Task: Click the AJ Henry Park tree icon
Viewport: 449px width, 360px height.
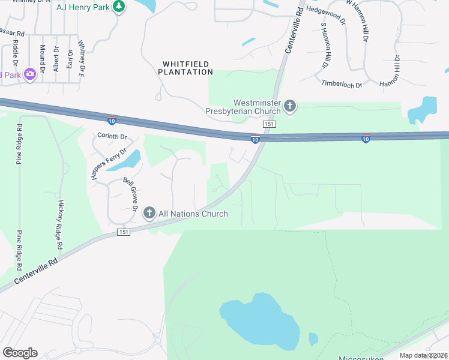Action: click(119, 6)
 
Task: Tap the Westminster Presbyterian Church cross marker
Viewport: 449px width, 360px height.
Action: click(290, 107)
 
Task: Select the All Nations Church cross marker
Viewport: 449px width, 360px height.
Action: click(149, 214)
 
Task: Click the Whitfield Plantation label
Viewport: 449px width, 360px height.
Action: click(185, 67)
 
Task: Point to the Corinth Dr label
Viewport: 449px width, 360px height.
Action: click(112, 136)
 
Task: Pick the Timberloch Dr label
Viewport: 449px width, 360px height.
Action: click(342, 83)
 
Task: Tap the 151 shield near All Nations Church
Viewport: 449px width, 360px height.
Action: click(124, 232)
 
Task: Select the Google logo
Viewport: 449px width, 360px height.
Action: click(20, 353)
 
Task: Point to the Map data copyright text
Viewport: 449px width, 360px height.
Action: click(423, 355)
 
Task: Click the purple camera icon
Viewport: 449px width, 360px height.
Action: click(29, 74)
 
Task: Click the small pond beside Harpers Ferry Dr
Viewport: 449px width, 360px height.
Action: click(127, 160)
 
